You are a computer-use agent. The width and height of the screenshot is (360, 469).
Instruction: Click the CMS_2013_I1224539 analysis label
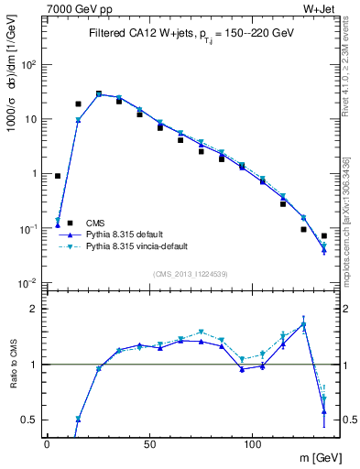(x=190, y=274)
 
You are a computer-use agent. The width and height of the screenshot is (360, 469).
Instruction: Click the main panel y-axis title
(x=12, y=85)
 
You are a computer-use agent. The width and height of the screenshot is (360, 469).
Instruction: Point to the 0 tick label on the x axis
(x=47, y=443)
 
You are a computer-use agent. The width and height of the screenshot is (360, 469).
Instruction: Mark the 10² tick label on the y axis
(x=29, y=65)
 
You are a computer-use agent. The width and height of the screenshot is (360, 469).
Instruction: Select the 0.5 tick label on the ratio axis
(x=29, y=420)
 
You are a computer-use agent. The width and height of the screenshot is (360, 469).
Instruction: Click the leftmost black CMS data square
(x=58, y=176)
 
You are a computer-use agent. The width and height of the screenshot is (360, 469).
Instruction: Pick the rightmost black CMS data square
(x=323, y=236)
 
